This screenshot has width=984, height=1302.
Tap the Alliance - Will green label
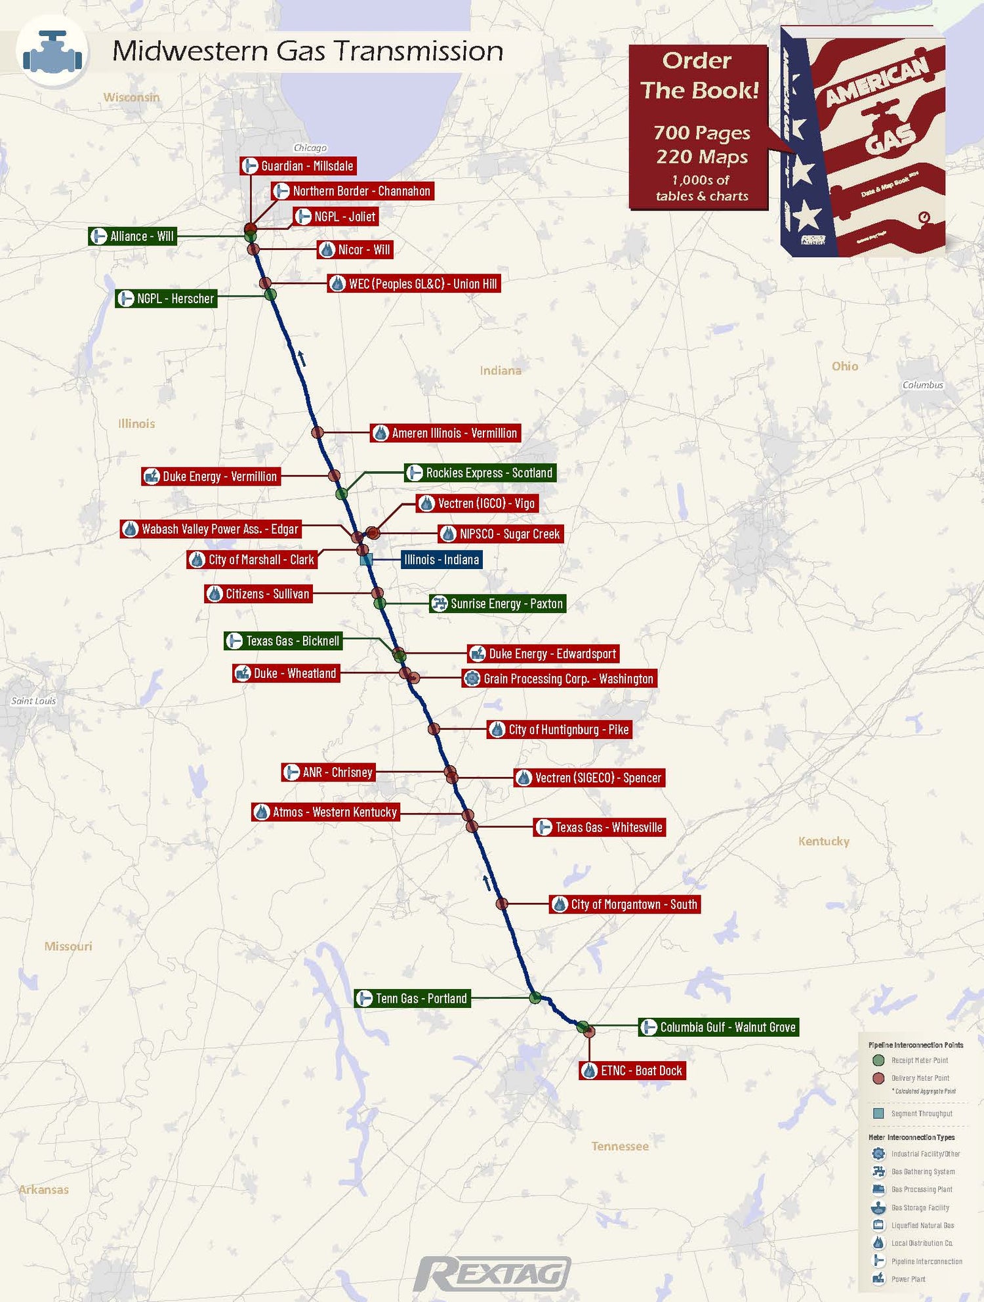[x=133, y=236]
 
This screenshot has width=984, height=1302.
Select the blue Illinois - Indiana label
[x=441, y=560]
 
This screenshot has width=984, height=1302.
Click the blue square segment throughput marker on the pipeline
[x=367, y=560]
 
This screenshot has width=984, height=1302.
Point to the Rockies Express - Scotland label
[x=480, y=473]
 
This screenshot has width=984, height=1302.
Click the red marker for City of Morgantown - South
[x=502, y=904]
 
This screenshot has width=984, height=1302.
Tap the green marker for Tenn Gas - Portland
[x=535, y=998]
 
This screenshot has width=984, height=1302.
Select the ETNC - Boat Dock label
[x=632, y=1071]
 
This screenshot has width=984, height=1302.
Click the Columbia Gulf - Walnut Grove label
[x=718, y=1028]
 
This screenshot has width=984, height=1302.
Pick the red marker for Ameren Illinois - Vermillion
[x=318, y=432]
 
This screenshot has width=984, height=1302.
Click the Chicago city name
[x=310, y=148]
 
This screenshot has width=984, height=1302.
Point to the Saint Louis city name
[x=33, y=701]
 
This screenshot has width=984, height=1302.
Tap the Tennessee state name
[x=620, y=1146]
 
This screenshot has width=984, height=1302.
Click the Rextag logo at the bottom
[x=492, y=1274]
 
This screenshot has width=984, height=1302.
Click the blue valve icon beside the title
[x=52, y=52]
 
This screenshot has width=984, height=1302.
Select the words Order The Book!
[x=699, y=75]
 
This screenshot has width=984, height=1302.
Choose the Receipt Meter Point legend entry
[x=919, y=1060]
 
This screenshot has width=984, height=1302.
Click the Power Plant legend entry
[x=908, y=1279]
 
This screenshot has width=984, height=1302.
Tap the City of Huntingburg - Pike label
[x=560, y=730]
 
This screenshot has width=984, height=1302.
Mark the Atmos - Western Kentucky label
[x=326, y=812]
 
